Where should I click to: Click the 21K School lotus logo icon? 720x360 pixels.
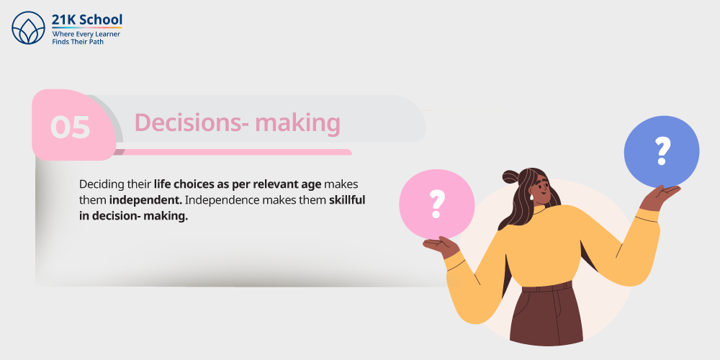[x=29, y=28]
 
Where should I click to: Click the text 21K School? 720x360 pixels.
[x=87, y=19]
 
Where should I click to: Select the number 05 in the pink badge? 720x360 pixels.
[x=71, y=127]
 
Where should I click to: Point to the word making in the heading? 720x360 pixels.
[x=297, y=124]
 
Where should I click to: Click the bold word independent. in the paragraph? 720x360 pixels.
[x=146, y=200]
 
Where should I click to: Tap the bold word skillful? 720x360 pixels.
[x=347, y=200]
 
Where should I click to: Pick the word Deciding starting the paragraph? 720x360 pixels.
[x=96, y=184]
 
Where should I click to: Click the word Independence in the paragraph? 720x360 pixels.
[x=215, y=200]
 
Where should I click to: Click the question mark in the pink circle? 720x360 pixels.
[x=436, y=204]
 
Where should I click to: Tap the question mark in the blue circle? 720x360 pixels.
[x=662, y=150]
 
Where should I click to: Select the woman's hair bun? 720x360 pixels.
[x=511, y=177]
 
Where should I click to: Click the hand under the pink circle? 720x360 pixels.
[x=440, y=246]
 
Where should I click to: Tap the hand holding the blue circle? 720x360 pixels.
[x=660, y=194]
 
